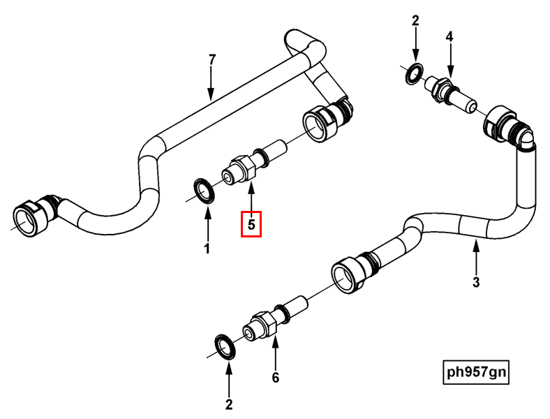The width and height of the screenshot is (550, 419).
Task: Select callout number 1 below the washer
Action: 207,248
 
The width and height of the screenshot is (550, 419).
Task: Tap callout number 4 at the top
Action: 449,36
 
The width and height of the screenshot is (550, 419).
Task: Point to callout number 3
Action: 476,282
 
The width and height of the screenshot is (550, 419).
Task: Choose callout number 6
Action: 275,378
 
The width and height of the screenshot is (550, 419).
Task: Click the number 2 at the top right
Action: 415,21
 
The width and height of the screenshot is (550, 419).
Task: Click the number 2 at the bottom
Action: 229,404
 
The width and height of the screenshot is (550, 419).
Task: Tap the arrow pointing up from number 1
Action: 207,223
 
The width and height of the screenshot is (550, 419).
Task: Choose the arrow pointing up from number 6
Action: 275,353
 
